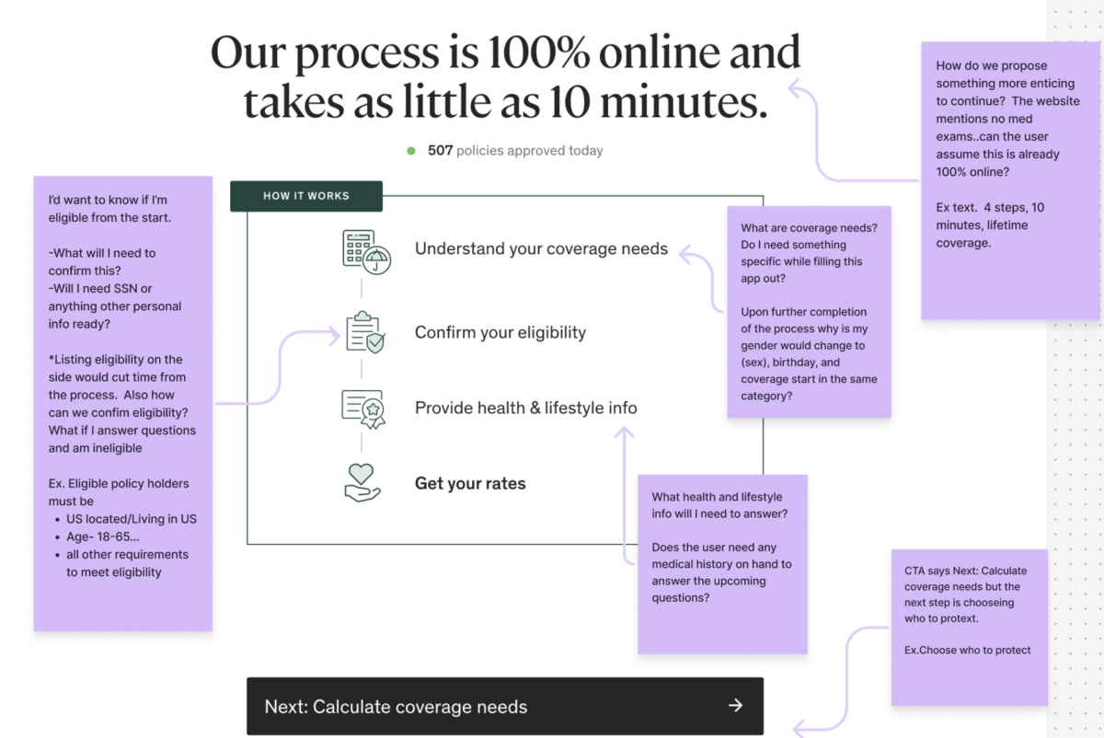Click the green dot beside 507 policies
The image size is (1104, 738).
pos(411,151)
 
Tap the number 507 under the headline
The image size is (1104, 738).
pos(440,150)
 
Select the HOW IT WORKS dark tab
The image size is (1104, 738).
pos(306,196)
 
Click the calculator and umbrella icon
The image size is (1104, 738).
pos(367,251)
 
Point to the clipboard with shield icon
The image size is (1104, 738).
pos(365,332)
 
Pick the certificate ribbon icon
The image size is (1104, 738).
pos(363,409)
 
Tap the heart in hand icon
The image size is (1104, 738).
pos(362,482)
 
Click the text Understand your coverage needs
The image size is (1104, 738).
pos(541,249)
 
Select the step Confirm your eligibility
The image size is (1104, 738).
pos(500,333)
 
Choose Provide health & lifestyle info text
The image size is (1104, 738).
pos(526,409)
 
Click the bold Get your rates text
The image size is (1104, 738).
pos(470,484)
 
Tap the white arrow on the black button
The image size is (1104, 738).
pos(736,706)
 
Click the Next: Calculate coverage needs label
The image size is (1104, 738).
pos(396,707)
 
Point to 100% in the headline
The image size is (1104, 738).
pos(539,53)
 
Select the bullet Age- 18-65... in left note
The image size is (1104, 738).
pos(102,536)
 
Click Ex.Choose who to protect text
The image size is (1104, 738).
pos(967,651)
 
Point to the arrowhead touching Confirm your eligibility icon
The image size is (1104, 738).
pos(335,337)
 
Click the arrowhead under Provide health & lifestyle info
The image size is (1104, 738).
pos(624,432)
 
